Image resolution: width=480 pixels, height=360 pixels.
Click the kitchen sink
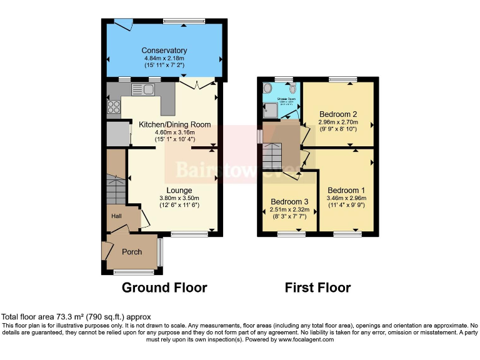(x=144, y=89)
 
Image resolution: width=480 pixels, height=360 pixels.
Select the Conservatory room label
(x=164, y=51)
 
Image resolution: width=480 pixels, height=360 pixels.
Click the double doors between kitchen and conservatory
(x=197, y=84)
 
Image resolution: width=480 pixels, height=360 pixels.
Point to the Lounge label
(x=179, y=190)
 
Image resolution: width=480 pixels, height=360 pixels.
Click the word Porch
(x=131, y=252)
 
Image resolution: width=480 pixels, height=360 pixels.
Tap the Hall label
(x=116, y=216)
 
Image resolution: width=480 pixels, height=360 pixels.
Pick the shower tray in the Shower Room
(x=271, y=111)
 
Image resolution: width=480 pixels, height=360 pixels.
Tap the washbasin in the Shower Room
(x=268, y=88)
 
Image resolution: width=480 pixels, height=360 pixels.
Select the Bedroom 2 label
(x=337, y=114)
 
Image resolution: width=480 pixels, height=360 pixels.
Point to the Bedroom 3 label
(x=289, y=201)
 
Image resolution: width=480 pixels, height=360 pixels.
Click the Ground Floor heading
(x=164, y=287)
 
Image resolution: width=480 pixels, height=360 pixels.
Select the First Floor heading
(x=317, y=287)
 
